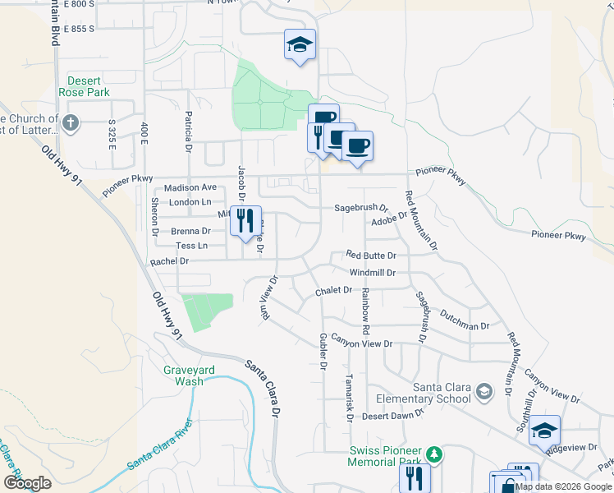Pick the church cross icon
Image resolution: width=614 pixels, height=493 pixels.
click(x=71, y=124)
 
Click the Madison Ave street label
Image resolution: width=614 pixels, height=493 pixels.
click(x=190, y=187)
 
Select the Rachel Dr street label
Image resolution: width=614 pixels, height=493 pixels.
click(x=170, y=261)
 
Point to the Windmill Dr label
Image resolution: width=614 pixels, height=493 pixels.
click(x=373, y=272)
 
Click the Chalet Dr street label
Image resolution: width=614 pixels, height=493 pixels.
click(x=333, y=291)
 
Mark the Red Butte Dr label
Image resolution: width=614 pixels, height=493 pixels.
click(x=371, y=256)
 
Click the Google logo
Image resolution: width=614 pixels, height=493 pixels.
click(x=28, y=483)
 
